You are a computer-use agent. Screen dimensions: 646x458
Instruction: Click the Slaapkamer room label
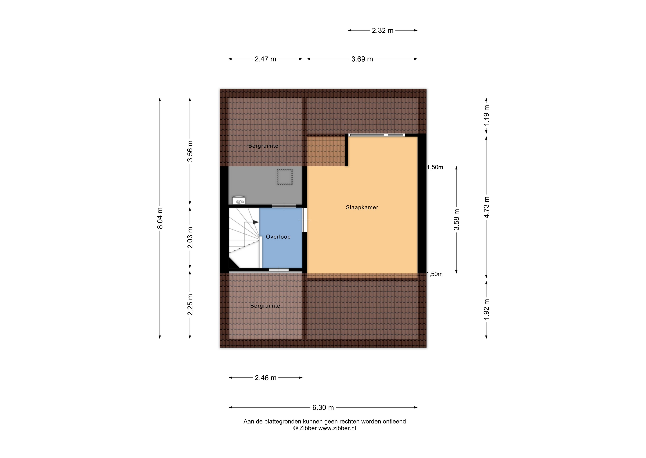pos(362,207)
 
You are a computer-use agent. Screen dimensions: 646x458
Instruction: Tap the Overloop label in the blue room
pos(278,237)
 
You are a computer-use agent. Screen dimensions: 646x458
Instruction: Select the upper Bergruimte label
pos(263,146)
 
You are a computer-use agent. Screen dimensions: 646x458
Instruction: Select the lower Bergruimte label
pos(265,306)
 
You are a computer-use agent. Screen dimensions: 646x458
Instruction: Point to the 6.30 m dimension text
pos(323,407)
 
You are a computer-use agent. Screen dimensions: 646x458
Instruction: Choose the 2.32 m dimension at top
pos(383,30)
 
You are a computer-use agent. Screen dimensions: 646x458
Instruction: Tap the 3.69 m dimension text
pos(362,59)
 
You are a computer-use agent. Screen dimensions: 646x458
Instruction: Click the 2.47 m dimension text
pos(265,59)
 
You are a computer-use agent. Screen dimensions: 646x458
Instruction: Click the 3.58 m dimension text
pos(456,220)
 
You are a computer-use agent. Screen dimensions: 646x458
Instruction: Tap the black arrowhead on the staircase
pos(256,222)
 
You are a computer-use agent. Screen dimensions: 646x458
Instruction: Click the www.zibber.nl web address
pos(337,428)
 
